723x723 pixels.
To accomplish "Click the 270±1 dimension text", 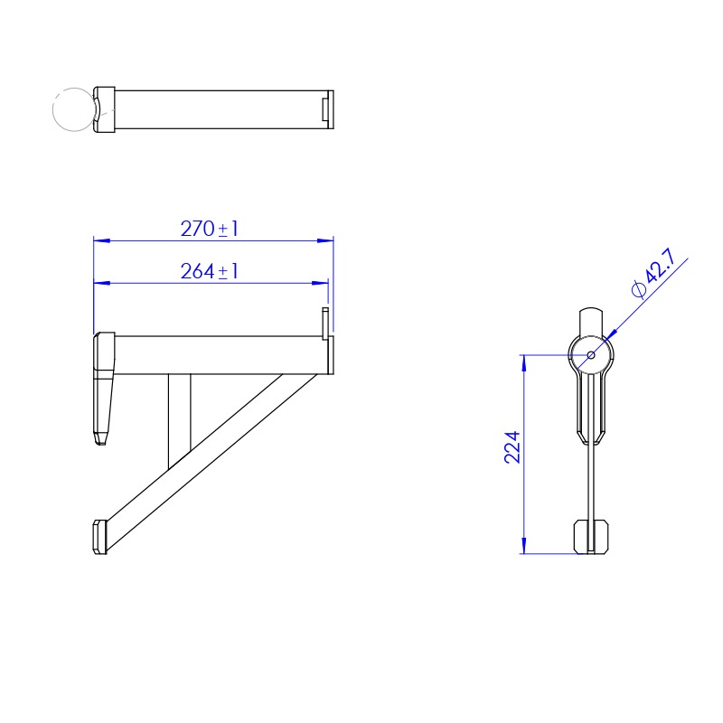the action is click(210, 229).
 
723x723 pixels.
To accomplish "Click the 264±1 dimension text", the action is click(210, 271).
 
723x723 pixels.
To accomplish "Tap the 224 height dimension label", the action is click(512, 447).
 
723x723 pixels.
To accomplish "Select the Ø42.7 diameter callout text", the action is click(653, 273).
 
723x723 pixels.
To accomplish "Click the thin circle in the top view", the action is click(74, 109).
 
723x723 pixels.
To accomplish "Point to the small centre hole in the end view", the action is click(591, 355).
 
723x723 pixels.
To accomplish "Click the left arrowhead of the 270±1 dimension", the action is click(101, 240).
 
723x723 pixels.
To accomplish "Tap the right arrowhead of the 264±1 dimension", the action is click(320, 283).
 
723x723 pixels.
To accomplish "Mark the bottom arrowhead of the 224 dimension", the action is click(524, 546).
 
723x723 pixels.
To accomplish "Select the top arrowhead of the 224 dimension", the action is click(524, 363).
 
